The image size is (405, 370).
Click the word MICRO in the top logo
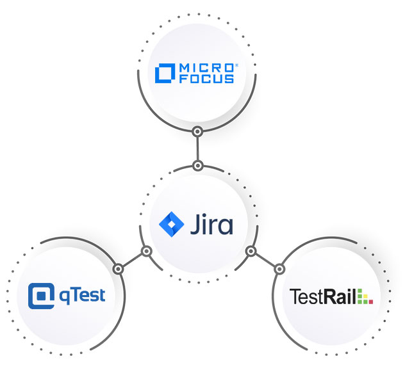(x=207, y=67)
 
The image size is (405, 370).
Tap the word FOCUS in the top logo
(x=207, y=79)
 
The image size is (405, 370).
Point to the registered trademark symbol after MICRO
(x=236, y=65)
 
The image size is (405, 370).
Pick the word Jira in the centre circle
(x=212, y=225)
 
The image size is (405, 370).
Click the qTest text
(x=81, y=296)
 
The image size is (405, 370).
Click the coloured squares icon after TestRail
(x=365, y=297)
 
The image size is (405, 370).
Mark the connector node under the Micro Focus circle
(x=198, y=133)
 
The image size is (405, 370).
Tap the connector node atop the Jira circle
(x=198, y=166)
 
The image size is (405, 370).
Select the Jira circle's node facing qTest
(x=146, y=251)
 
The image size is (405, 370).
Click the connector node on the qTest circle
(x=118, y=268)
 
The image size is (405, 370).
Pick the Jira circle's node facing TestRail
(x=251, y=251)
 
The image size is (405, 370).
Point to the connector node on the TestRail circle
(x=279, y=268)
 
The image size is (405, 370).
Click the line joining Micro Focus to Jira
(x=198, y=149)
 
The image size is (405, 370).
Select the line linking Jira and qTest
(x=132, y=259)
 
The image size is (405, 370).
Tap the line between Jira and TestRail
(x=265, y=259)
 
